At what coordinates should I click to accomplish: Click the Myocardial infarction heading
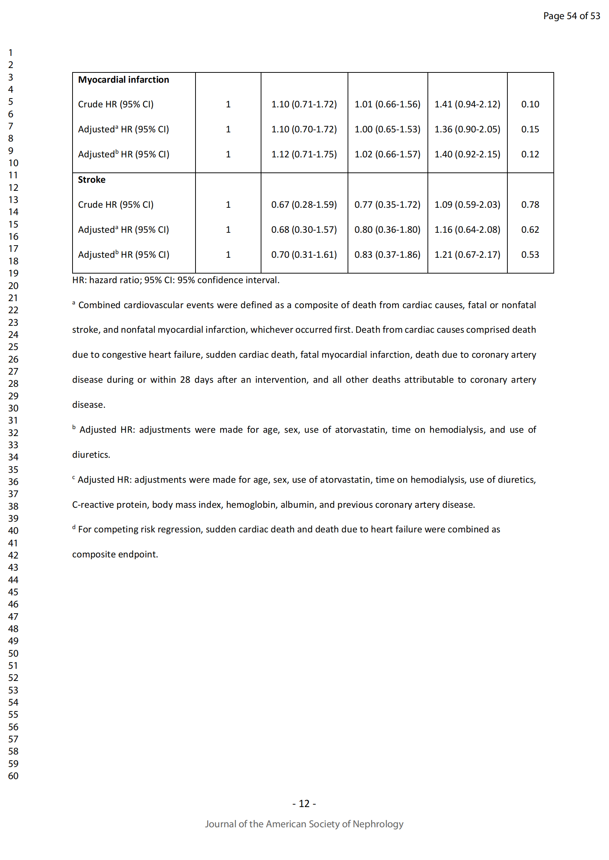coord(123,80)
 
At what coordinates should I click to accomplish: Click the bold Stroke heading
coord(92,180)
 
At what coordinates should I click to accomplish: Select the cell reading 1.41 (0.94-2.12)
coord(467,104)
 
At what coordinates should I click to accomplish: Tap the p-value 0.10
coord(530,104)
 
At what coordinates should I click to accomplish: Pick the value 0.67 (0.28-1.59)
coord(304,204)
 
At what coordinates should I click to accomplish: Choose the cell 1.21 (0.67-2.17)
coord(467,255)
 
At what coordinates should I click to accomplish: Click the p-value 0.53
coord(530,255)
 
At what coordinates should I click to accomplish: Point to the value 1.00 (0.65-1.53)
coord(387,129)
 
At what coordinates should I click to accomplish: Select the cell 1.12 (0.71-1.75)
coord(304,154)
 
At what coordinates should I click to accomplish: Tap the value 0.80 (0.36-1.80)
coord(387,229)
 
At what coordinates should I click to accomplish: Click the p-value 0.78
coord(530,204)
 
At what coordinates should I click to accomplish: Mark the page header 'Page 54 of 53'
coord(571,16)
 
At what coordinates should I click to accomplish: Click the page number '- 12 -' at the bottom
coord(304,803)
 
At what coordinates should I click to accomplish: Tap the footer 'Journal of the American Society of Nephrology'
coord(304,824)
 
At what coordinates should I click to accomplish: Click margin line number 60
coord(13,776)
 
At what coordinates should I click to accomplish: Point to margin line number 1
coord(11,53)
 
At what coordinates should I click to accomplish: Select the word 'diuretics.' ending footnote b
coord(91,455)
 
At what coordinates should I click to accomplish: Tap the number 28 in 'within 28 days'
coord(185,380)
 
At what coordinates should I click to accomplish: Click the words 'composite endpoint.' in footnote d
coord(115,554)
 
